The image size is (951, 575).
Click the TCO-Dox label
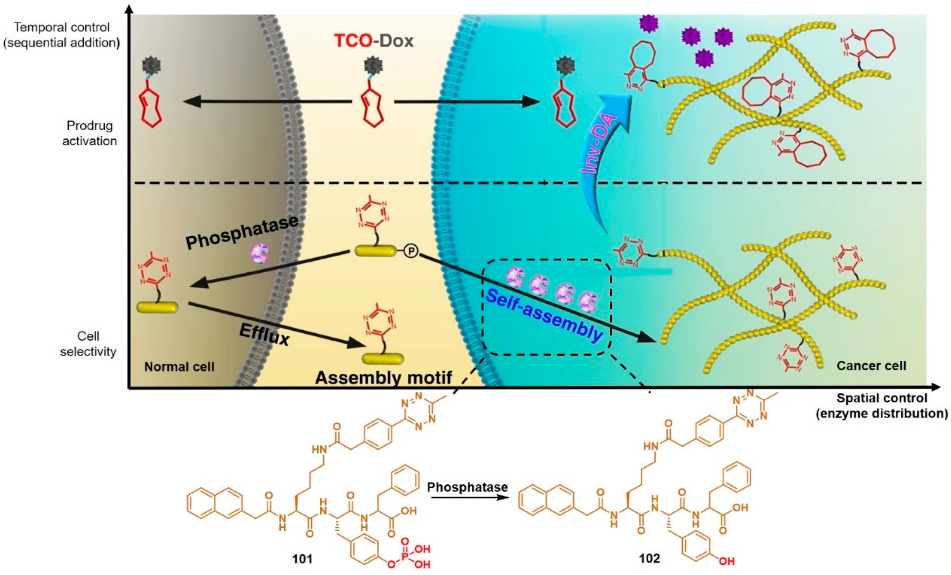click(373, 41)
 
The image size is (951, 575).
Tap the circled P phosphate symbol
click(411, 251)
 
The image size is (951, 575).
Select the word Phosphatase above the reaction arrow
click(467, 487)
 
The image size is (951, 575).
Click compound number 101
click(302, 559)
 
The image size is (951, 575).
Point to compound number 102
click(649, 558)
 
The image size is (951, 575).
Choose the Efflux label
click(264, 335)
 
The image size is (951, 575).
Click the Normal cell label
click(179, 367)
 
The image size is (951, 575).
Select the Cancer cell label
click(871, 366)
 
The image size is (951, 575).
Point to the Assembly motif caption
click(383, 378)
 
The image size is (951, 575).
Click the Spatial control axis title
click(882, 406)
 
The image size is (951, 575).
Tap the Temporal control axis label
click(62, 35)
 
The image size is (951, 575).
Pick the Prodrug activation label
click(89, 133)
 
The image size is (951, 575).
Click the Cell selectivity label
click(88, 343)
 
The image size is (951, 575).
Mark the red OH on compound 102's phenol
click(726, 561)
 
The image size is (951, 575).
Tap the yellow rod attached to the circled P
click(375, 251)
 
